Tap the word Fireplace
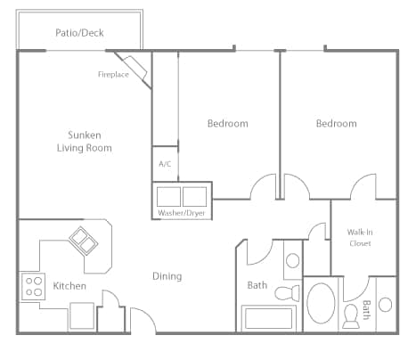pos(113,75)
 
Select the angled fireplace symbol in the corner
pos(135,69)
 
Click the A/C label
pos(165,164)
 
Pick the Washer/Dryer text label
pos(184,213)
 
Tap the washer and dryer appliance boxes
pos(183,195)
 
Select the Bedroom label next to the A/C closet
pos(227,123)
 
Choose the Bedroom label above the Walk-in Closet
pos(336,123)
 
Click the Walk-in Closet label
pos(360,237)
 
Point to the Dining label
pos(167,276)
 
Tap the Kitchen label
pos(69,286)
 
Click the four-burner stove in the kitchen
pos(34,286)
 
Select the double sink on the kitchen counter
pos(86,239)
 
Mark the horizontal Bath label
pos(257,286)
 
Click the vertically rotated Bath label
pos(366,310)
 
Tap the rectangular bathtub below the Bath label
pos(270,318)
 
